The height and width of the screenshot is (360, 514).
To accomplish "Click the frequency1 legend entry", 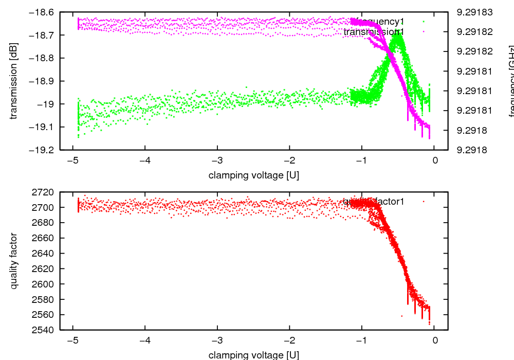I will tap(379, 22).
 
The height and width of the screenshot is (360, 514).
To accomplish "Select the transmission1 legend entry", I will tap(374, 32).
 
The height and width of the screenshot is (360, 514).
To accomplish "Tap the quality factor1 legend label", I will tap(374, 202).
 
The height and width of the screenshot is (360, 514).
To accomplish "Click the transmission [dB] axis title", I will tap(14, 81).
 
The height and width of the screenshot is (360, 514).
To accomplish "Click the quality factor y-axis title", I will tap(14, 261).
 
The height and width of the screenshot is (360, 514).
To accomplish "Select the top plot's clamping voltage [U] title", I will tap(254, 175).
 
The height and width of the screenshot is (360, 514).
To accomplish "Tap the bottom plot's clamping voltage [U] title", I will tap(254, 355).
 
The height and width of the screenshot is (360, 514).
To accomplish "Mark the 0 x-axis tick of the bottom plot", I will tap(435, 340).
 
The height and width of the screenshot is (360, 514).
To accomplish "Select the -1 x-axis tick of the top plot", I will tap(361, 160).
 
